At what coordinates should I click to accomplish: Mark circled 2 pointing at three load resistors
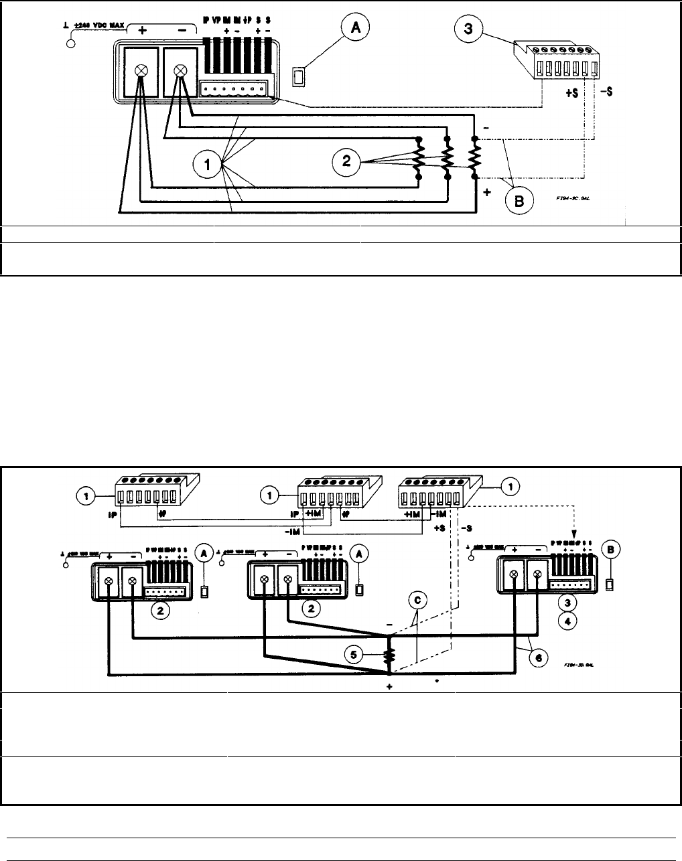346,161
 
